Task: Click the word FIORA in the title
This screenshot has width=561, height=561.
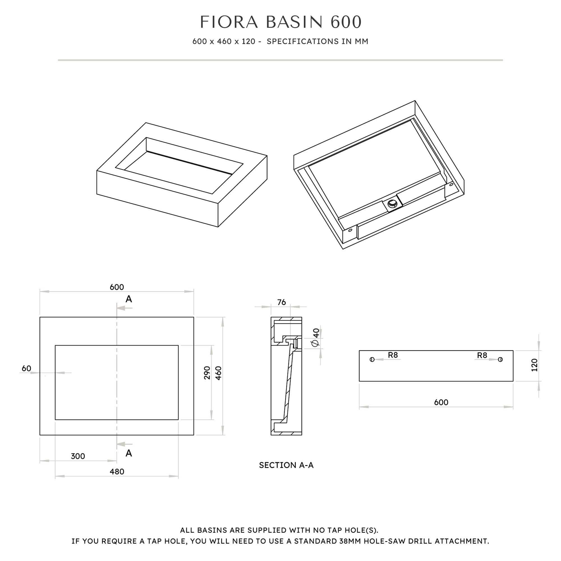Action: [229, 22]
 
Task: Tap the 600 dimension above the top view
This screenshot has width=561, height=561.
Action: [117, 287]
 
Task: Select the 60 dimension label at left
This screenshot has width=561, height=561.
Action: [26, 369]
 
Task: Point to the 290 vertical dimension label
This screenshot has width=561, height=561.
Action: [207, 373]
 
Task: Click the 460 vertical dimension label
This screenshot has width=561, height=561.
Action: [219, 373]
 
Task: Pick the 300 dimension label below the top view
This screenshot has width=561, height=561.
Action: [78, 456]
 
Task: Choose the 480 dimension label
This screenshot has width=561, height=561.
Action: [117, 472]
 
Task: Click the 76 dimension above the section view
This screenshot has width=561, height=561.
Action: [281, 302]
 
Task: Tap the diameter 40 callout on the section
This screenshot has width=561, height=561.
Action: [316, 337]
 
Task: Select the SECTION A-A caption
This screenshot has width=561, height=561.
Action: [286, 465]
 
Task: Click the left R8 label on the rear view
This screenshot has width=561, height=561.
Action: [393, 355]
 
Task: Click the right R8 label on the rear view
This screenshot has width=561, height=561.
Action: [482, 355]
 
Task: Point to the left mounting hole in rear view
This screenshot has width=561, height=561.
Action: [372, 360]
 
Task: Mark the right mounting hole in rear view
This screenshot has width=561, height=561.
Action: [500, 360]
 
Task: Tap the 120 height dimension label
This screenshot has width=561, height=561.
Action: [534, 365]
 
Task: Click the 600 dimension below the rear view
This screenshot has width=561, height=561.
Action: [441, 402]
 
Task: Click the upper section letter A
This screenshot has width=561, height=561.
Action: [129, 299]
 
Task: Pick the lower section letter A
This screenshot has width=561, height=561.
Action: [129, 453]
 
